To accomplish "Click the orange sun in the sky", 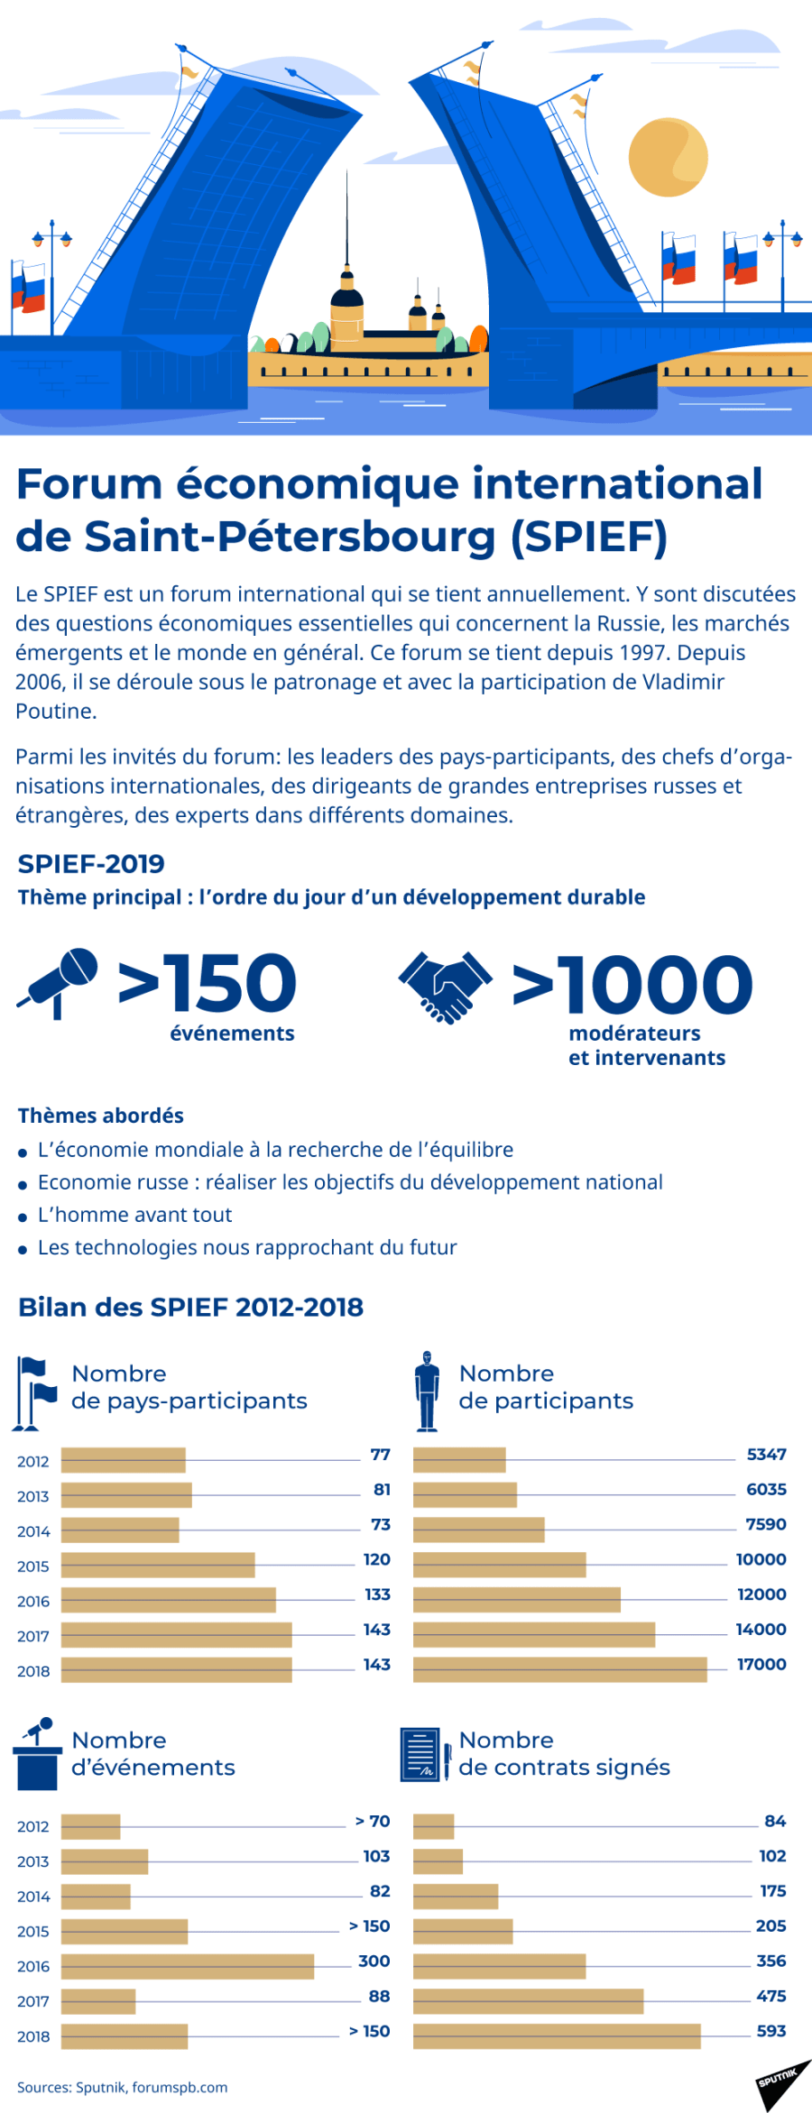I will [x=667, y=157].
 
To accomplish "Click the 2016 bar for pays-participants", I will [x=169, y=1600].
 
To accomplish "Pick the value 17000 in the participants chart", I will [x=761, y=1664].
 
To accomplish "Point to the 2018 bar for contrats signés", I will [x=557, y=2035].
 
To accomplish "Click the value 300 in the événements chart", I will [x=374, y=1961].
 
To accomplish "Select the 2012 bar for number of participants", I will [x=459, y=1459].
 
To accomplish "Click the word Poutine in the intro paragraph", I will [x=56, y=711].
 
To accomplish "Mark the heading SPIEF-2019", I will [x=91, y=863].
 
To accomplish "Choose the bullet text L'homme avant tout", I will [x=134, y=1215].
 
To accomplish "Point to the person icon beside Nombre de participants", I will [x=427, y=1391].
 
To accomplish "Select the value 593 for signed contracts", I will [x=770, y=2030].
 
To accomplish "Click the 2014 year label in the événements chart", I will [x=33, y=1897].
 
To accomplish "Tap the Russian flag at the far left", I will [x=28, y=289].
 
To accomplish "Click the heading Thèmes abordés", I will [x=101, y=1116].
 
